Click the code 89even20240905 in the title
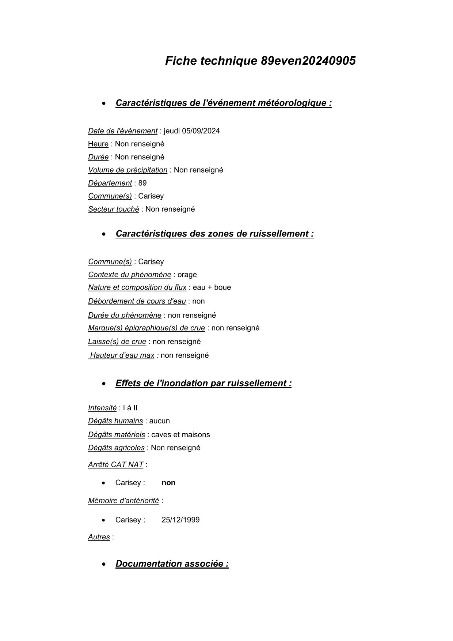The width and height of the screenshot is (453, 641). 308,61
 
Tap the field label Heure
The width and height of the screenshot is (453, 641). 98,144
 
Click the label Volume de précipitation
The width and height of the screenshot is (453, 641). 127,170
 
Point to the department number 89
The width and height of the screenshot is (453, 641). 142,183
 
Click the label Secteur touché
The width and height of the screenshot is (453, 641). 113,209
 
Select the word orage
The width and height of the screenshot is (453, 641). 187,275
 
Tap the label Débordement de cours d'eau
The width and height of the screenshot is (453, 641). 137,301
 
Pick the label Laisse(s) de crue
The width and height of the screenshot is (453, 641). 117,342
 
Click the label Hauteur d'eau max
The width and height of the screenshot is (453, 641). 122,355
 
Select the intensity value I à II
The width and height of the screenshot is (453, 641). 130,408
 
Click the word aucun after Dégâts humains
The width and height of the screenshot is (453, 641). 160,421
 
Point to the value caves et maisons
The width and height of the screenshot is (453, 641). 180,435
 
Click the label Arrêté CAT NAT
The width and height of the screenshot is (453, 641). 115,465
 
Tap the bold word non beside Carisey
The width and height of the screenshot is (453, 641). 168,483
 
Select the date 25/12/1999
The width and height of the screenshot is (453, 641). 180,520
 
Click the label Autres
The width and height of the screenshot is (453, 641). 99,537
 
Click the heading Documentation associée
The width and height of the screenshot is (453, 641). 172,563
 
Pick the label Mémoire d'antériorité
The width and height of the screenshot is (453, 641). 123,501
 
